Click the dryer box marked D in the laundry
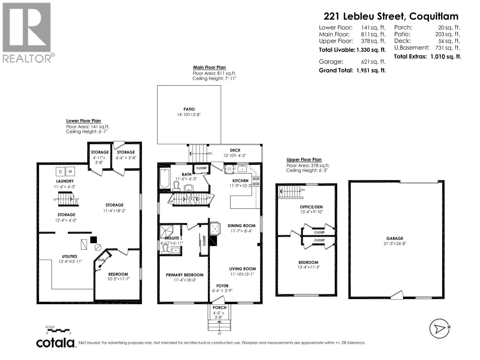pyautogui.click(x=60, y=172)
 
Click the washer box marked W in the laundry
pyautogui.click(x=70, y=172)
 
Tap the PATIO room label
pyautogui.click(x=189, y=109)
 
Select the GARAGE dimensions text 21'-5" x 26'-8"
pyautogui.click(x=394, y=244)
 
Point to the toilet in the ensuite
pyautogui.click(x=165, y=249)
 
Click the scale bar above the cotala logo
pyautogui.click(x=59, y=330)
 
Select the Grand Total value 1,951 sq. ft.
pyautogui.click(x=371, y=70)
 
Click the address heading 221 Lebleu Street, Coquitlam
pyautogui.click(x=391, y=16)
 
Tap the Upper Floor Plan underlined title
pyautogui.click(x=304, y=160)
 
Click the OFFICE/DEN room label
pyautogui.click(x=311, y=207)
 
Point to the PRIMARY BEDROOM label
pyautogui.click(x=184, y=275)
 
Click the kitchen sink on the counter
pyautogui.click(x=241, y=169)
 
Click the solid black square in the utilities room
pyautogui.click(x=94, y=239)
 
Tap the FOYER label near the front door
pyautogui.click(x=222, y=286)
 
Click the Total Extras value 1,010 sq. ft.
pyautogui.click(x=445, y=56)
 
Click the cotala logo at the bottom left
pyautogui.click(x=55, y=343)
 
